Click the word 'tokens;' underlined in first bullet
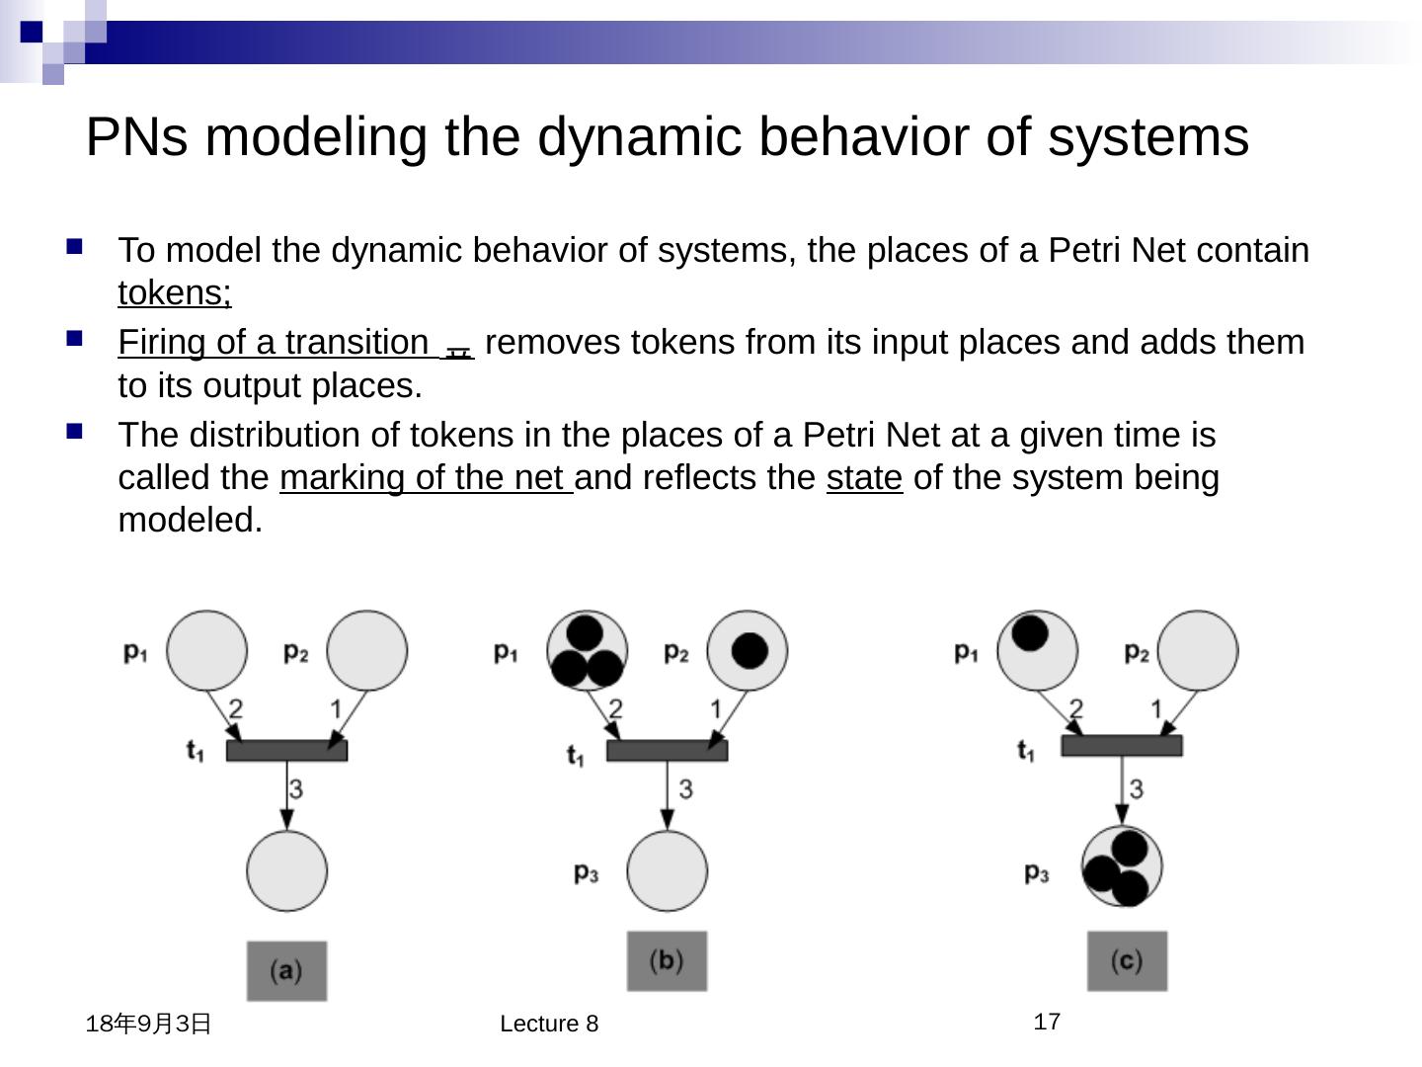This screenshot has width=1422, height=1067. pos(175,293)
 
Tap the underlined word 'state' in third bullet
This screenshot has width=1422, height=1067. pos(864,478)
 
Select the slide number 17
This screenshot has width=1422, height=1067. pos(1047,1022)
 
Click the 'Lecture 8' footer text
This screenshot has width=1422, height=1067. pos(549,1024)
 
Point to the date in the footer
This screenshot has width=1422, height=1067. pos(149,1024)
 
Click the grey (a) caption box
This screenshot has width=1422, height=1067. pos(286,970)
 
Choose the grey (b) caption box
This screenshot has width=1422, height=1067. pos(667,960)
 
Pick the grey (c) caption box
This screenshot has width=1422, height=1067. pos(1127,960)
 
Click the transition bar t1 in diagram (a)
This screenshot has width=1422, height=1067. pos(286,751)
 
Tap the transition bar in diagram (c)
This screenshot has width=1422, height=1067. pos(1122,746)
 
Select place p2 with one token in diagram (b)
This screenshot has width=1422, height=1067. pos(748,650)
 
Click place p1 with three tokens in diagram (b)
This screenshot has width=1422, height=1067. pos(587,650)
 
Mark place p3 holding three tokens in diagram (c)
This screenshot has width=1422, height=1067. pos(1122,866)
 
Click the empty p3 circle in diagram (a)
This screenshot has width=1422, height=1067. pos(286,870)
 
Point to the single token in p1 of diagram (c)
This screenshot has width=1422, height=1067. pos(1030,633)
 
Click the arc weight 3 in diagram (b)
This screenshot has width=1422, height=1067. pos(685,788)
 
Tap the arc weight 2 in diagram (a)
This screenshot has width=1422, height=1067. pos(236,708)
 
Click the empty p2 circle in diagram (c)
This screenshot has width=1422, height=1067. pos(1197,650)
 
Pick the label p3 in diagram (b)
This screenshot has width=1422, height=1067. pos(587,872)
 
